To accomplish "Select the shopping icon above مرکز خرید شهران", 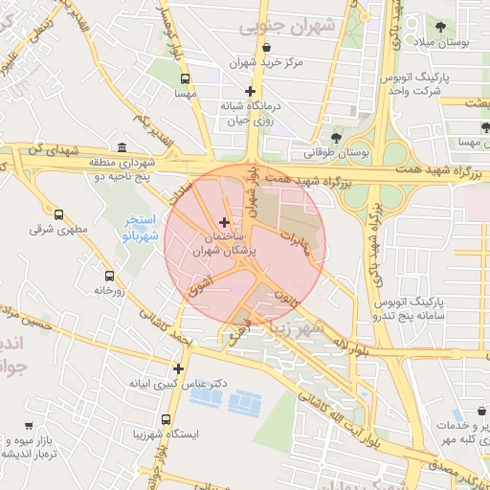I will (266, 47).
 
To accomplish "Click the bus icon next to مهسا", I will (185, 79).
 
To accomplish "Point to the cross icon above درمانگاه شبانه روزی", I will (250, 92).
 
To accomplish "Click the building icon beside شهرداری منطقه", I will (122, 147).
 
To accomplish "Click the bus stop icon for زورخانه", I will (108, 276).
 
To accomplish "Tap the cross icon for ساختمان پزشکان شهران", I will (224, 222).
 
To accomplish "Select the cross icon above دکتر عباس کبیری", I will (178, 367).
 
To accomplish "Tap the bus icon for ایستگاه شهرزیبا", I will (167, 419).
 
